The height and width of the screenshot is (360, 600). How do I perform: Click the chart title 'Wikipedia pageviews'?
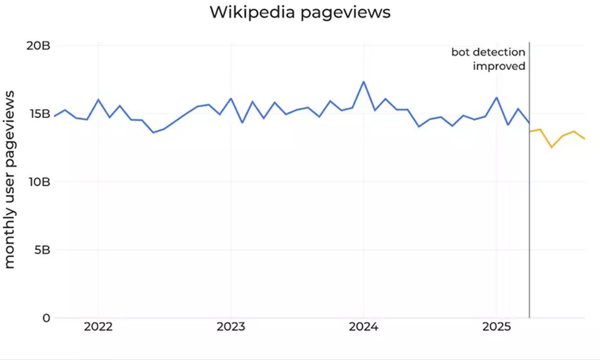(299, 13)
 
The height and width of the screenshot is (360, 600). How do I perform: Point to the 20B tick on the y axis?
(37, 46)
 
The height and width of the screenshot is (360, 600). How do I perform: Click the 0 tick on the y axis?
(46, 318)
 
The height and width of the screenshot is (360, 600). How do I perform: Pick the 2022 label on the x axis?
(97, 328)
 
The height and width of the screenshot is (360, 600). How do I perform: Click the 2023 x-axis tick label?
(230, 328)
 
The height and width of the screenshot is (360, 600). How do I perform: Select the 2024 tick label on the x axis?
(364, 328)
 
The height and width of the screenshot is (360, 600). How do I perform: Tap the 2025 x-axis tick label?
(496, 328)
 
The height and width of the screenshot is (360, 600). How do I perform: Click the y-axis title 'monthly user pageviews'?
(10, 179)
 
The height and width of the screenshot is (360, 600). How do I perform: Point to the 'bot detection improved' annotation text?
(488, 59)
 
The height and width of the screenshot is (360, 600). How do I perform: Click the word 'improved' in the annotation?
(499, 66)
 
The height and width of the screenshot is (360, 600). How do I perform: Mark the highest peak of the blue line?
(364, 82)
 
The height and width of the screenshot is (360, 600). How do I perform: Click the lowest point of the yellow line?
(551, 147)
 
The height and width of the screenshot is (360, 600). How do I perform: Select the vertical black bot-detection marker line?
(529, 212)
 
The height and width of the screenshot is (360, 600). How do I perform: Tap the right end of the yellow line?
(584, 139)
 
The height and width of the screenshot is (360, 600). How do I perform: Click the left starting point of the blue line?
(54, 116)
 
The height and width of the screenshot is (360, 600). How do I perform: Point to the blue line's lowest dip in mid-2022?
(153, 132)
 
